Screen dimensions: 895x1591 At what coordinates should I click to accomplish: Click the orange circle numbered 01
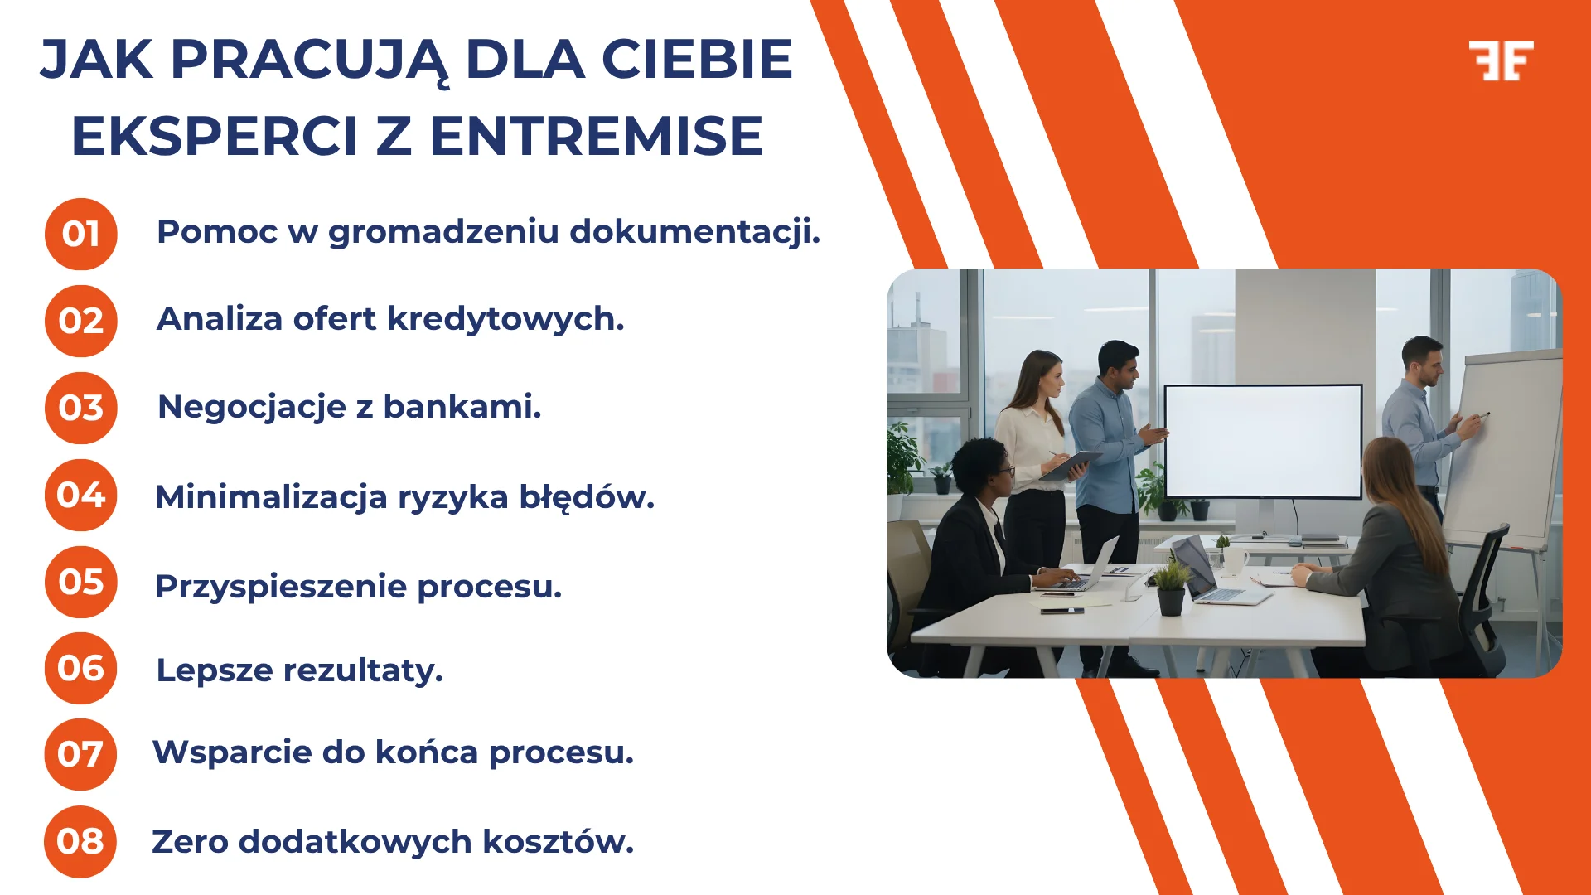80,234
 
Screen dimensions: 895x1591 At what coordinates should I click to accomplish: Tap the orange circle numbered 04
80,495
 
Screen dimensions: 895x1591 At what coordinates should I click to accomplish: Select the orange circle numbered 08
80,841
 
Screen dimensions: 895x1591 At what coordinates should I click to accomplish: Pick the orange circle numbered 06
80,668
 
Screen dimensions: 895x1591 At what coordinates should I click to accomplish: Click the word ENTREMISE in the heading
596,137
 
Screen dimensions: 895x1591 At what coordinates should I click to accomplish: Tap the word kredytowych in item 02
505,319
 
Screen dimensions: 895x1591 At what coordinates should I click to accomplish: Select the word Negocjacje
252,408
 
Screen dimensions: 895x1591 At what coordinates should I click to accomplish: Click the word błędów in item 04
587,497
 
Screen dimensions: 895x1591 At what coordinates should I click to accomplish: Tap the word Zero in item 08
190,842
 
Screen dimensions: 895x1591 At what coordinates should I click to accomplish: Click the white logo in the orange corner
1501,60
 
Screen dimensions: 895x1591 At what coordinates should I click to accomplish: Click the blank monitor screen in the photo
1262,440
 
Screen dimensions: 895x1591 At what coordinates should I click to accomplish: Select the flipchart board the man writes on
1504,447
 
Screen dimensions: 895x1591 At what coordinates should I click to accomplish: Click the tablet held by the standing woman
1070,464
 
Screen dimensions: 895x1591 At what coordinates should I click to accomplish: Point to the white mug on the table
1235,561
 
